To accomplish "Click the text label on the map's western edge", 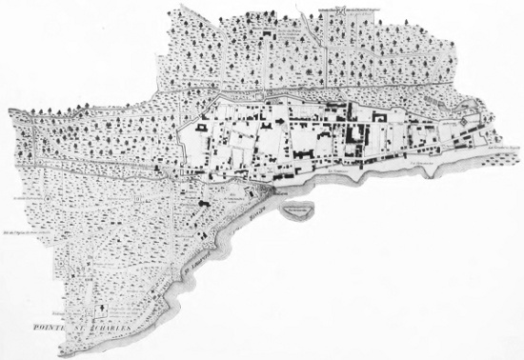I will pos(16,198).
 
